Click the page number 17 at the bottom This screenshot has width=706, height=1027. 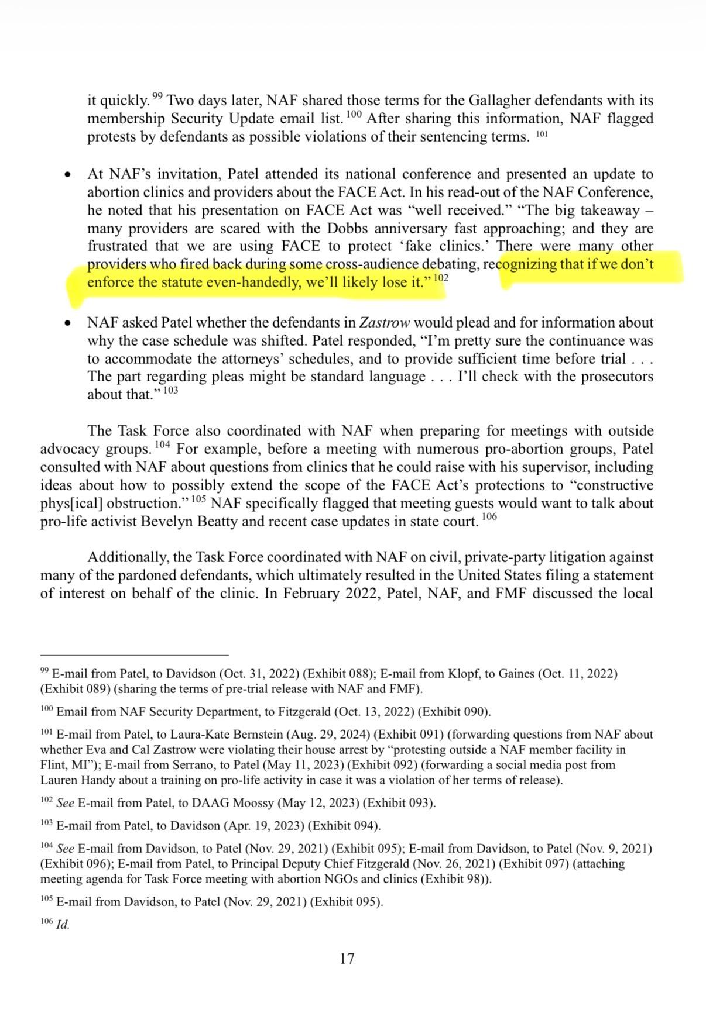point(347,959)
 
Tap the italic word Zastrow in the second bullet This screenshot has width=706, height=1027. point(385,323)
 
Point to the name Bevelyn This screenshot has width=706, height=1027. point(164,521)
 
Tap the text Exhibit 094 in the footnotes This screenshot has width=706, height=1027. point(342,826)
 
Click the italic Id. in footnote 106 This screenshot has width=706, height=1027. point(63,925)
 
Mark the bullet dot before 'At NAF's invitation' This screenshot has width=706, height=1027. point(69,175)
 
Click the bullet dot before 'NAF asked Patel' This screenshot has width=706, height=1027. point(69,323)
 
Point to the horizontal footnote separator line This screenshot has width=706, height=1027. point(135,656)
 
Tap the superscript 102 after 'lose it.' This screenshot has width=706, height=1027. point(441,278)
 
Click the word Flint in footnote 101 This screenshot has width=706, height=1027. point(52,765)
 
